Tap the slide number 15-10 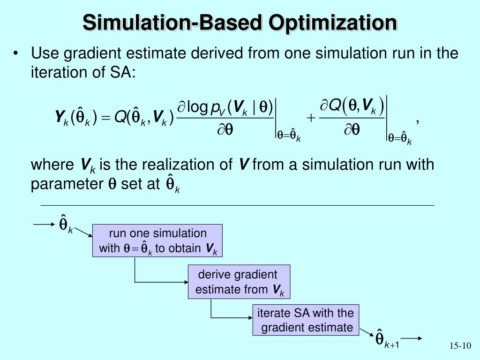459,346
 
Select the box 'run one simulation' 157,240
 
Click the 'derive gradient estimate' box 239,282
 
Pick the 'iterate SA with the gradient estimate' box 306,320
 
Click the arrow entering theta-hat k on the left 44,225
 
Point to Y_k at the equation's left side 61,116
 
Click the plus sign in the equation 311,118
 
